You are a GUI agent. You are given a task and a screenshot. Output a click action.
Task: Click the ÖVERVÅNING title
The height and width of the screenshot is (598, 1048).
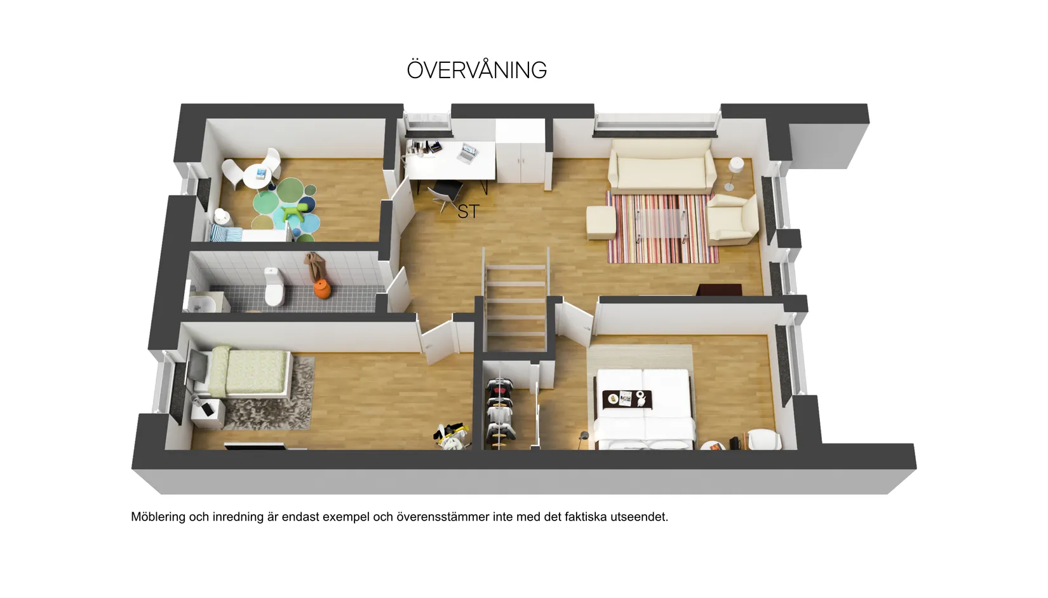coord(477,71)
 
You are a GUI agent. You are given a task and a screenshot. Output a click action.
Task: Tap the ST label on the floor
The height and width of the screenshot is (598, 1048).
coord(468,212)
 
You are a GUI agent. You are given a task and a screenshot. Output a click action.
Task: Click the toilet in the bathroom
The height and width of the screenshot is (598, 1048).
coord(274,286)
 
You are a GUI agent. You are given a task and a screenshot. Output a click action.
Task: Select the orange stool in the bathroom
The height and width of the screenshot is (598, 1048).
coord(323,289)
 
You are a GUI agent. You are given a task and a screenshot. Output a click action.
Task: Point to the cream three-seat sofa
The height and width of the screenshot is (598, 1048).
coord(662,166)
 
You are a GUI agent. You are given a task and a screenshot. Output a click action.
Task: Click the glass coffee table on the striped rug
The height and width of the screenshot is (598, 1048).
coord(661,225)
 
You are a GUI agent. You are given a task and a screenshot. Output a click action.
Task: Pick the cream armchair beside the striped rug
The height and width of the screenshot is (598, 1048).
coord(733,219)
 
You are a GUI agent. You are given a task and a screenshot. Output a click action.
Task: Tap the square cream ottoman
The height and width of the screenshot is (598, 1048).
coord(601,223)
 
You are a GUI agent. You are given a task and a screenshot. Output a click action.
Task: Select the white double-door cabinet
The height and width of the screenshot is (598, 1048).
coord(520,151)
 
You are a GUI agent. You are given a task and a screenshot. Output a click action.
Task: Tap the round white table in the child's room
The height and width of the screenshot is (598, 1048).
coord(257,176)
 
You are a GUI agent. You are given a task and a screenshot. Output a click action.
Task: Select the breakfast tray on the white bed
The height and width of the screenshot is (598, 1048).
coord(627,399)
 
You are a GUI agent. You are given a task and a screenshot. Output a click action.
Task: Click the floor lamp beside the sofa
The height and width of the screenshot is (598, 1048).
coord(734,173)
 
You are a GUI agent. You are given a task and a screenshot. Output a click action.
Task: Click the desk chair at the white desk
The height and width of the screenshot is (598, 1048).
coord(445,195)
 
